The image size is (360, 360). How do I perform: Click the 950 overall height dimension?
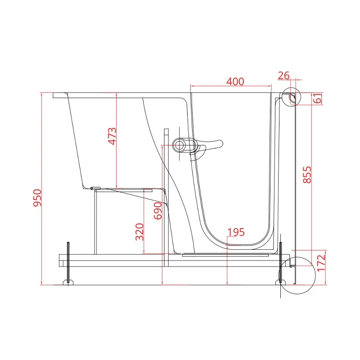(x=37, y=198)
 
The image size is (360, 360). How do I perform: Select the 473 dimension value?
(x=112, y=136)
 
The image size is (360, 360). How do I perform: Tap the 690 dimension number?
(x=158, y=211)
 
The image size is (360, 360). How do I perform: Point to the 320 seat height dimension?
(x=139, y=232)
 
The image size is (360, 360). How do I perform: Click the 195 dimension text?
(x=236, y=232)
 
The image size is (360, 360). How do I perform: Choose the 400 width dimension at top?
(x=235, y=81)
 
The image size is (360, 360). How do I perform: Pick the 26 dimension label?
(x=283, y=76)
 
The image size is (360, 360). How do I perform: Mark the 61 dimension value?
(x=318, y=98)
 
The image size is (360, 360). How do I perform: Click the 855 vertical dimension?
(x=307, y=175)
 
